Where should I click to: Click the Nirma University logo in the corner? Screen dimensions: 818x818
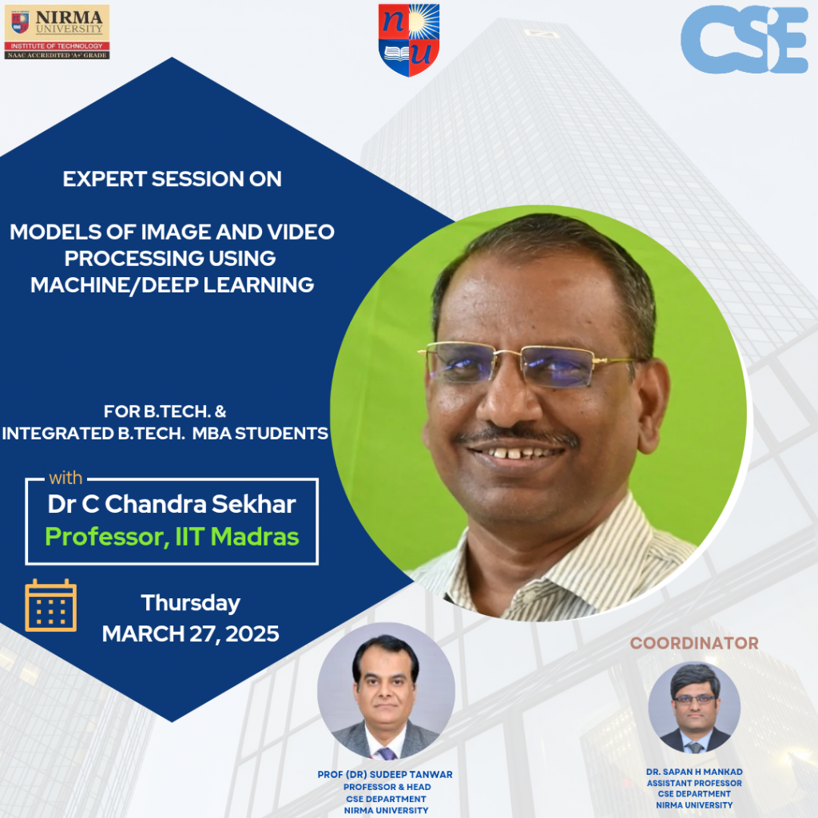click(57, 32)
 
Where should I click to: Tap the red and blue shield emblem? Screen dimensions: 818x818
click(408, 40)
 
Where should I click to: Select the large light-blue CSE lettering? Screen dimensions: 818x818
click(744, 40)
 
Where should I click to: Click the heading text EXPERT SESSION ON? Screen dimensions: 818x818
click(173, 179)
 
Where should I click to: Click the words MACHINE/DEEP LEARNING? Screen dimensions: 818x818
click(173, 285)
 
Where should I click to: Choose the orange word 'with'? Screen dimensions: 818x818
click(66, 478)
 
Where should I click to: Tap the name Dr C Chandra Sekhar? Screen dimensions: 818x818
click(172, 504)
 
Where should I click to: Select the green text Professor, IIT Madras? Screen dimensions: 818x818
click(172, 536)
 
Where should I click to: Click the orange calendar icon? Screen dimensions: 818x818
click(51, 606)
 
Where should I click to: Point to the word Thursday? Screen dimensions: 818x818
click(190, 602)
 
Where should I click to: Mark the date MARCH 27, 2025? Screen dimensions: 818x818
click(190, 634)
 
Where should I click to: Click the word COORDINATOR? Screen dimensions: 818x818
click(694, 643)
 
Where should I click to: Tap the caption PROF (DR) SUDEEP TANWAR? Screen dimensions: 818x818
click(386, 775)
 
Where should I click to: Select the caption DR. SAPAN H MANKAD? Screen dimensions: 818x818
click(694, 772)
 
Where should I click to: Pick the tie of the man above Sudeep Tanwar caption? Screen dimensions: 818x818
click(387, 752)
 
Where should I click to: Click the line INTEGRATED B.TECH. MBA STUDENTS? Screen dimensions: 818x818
click(165, 434)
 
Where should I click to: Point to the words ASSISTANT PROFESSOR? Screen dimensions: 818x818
click(694, 784)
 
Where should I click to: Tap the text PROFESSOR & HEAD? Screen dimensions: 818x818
click(386, 787)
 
